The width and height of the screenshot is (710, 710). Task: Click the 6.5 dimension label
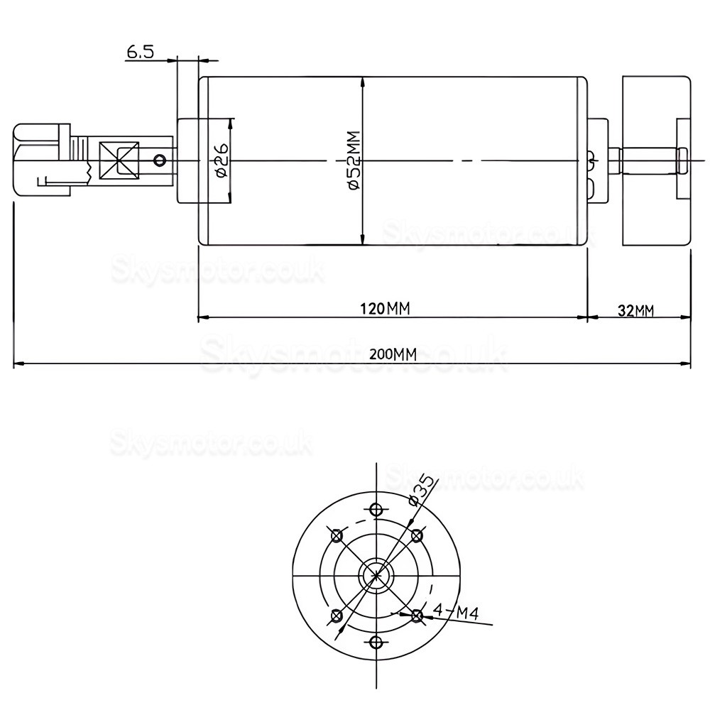click(x=140, y=52)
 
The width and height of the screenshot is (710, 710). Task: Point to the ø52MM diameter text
click(x=354, y=161)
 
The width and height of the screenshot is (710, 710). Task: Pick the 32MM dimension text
click(x=635, y=310)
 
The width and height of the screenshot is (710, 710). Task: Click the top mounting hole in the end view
click(x=376, y=509)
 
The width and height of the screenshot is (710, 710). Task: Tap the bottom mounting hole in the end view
click(x=376, y=643)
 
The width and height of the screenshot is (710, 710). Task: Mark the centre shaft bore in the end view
click(x=376, y=576)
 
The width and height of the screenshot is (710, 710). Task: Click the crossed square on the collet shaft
click(x=119, y=160)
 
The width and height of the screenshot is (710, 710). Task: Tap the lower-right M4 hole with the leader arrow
click(x=417, y=616)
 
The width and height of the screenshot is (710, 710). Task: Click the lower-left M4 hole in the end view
click(x=337, y=616)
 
